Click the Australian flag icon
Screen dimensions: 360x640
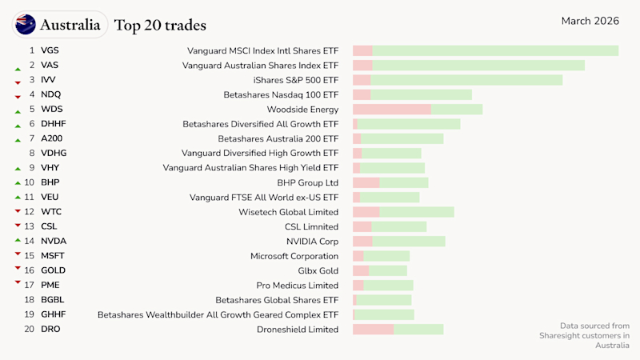pyautogui.click(x=26, y=25)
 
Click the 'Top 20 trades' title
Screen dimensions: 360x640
pyautogui.click(x=160, y=26)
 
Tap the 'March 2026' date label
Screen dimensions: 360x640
pyautogui.click(x=590, y=21)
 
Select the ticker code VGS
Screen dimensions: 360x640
pyautogui.click(x=50, y=50)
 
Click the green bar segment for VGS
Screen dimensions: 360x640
pyautogui.click(x=495, y=50)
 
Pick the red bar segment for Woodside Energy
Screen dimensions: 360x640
pyautogui.click(x=392, y=109)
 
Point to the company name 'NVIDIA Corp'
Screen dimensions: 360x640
pyautogui.click(x=312, y=241)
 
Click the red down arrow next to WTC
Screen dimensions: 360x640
pyautogui.click(x=17, y=211)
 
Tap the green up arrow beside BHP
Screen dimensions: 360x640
pyautogui.click(x=17, y=182)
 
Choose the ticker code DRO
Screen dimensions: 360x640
pyautogui.click(x=50, y=329)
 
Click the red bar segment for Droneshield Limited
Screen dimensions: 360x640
pyautogui.click(x=373, y=329)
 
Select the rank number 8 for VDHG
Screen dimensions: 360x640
pyautogui.click(x=32, y=153)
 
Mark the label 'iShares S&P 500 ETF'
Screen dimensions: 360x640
pyautogui.click(x=295, y=80)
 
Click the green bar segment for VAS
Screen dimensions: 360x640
pyautogui.click(x=478, y=66)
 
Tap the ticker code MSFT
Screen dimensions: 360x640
pyautogui.click(x=53, y=256)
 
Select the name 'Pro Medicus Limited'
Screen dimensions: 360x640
pyautogui.click(x=297, y=285)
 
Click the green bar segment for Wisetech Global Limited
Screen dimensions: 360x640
pyautogui.click(x=417, y=212)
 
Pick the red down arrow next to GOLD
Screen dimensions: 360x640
pyautogui.click(x=17, y=270)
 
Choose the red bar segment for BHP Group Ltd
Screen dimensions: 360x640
pyautogui.click(x=366, y=182)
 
